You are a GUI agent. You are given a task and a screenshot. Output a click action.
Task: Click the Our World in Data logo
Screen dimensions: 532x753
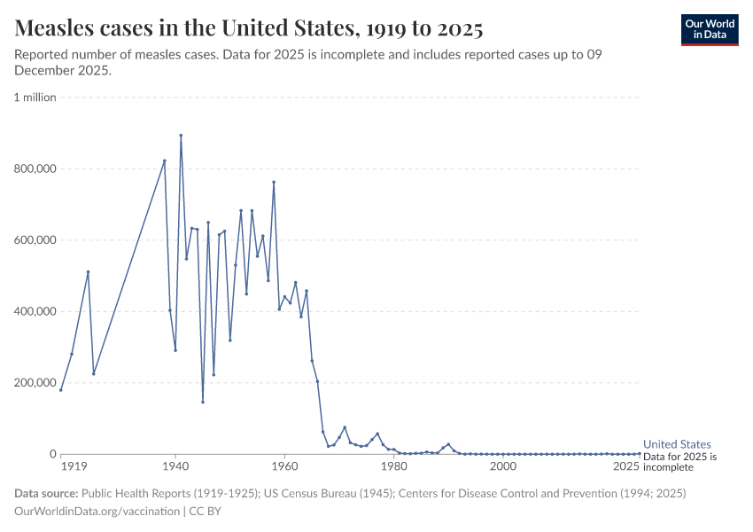[709, 29]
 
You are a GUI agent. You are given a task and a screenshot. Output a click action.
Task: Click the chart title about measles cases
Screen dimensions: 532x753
[249, 28]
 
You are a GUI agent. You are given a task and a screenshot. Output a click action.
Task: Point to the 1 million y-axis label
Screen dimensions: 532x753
[35, 98]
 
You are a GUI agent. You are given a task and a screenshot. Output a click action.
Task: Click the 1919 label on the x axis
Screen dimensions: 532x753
[74, 465]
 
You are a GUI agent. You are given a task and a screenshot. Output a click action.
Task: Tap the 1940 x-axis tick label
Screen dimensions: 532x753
[175, 465]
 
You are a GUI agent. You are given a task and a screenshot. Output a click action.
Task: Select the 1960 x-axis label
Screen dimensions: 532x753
[284, 465]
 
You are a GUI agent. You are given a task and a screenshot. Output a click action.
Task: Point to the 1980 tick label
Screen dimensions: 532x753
[393, 465]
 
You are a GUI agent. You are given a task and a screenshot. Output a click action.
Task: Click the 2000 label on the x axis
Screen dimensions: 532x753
[502, 465]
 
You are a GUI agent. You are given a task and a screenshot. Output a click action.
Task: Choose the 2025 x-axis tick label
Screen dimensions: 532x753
[625, 465]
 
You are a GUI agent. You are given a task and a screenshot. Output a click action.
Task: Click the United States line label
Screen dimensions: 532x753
[677, 444]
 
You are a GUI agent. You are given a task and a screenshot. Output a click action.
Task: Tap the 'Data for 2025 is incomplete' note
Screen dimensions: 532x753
[679, 461]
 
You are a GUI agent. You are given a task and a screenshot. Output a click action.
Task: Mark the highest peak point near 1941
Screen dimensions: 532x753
[181, 136]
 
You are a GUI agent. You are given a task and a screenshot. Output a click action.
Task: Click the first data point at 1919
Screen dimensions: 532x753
[61, 390]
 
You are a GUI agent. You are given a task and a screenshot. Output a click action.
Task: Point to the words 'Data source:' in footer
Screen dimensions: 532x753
[46, 493]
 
